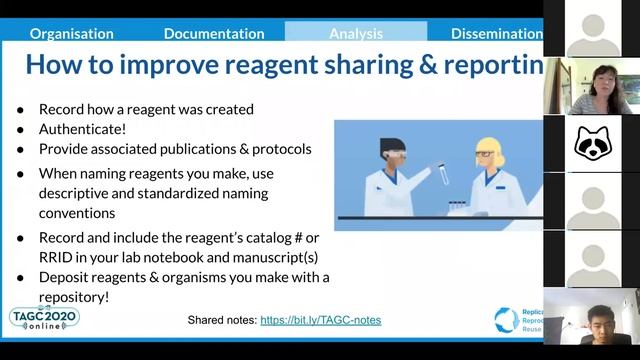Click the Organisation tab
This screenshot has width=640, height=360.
click(71, 33)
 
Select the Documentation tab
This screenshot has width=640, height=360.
click(214, 33)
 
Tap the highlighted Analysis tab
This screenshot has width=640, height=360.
click(356, 33)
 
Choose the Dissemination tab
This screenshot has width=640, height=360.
click(496, 33)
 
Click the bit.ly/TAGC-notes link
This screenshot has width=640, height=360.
click(320, 320)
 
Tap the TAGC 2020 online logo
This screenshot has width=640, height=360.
click(44, 318)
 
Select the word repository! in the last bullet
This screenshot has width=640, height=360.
click(74, 296)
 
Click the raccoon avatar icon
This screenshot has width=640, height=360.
click(592, 144)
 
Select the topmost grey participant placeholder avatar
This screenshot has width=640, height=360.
click(592, 30)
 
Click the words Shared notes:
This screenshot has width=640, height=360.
click(221, 320)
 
